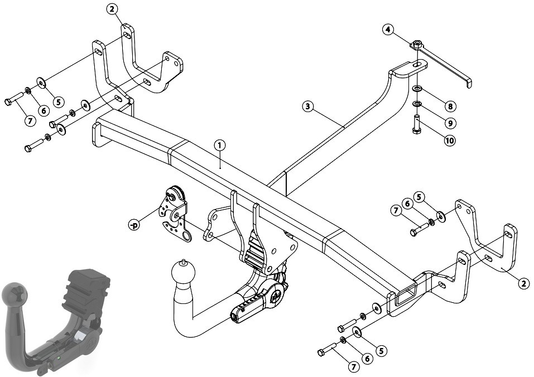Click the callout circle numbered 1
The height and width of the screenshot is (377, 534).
[x=220, y=146]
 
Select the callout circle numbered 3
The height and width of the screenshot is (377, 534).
[x=307, y=107]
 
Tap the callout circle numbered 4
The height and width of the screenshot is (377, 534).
[x=388, y=30]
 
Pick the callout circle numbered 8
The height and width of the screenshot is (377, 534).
[x=450, y=106]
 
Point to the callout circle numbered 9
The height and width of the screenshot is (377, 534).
[x=450, y=123]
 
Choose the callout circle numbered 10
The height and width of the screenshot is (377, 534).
[x=450, y=140]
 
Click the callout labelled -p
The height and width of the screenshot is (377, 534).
[x=134, y=225]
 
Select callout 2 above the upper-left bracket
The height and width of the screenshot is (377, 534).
[x=112, y=9]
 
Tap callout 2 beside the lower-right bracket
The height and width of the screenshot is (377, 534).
[x=524, y=283]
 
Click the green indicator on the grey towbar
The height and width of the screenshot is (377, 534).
[x=59, y=358]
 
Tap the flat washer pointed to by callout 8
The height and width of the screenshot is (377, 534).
[x=417, y=89]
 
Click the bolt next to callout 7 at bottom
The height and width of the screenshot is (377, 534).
[x=326, y=349]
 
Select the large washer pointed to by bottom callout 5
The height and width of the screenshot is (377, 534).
[x=358, y=331]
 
